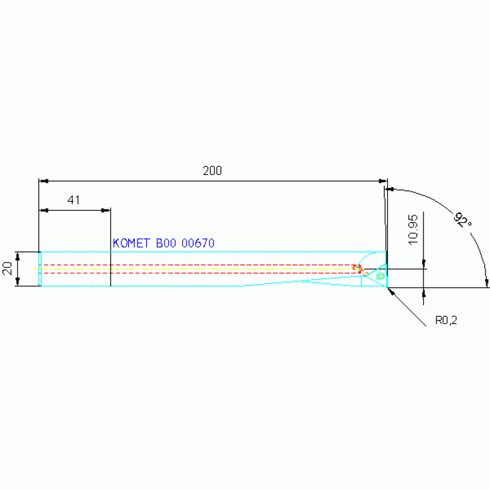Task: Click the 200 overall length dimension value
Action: coord(212,171)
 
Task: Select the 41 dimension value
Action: coord(73,200)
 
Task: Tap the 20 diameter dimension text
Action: coord(7,268)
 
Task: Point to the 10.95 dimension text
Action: coord(413,230)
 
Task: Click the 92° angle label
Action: coord(463,220)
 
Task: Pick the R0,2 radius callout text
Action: coord(447,320)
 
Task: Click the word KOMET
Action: coord(131,243)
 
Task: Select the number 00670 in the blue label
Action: coord(198,243)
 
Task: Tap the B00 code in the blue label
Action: coord(166,243)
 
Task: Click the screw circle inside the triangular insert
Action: coord(380,275)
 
